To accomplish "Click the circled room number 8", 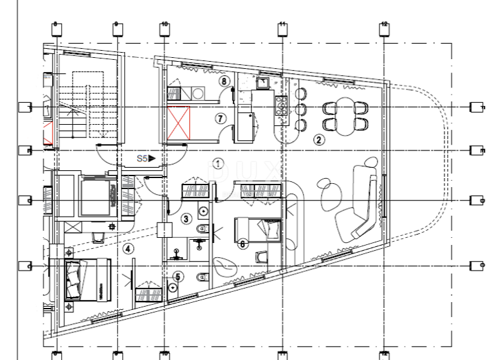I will click(x=224, y=81).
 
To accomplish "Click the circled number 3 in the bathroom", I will click(x=186, y=219).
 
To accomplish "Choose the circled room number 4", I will click(x=128, y=248).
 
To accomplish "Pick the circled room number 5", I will click(x=179, y=277).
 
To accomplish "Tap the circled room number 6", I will click(x=242, y=244).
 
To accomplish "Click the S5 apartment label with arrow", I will click(x=145, y=157).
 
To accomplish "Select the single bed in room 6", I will click(x=257, y=228).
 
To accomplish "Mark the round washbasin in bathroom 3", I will click(x=202, y=210).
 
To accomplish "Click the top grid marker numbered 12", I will click(x=384, y=27).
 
